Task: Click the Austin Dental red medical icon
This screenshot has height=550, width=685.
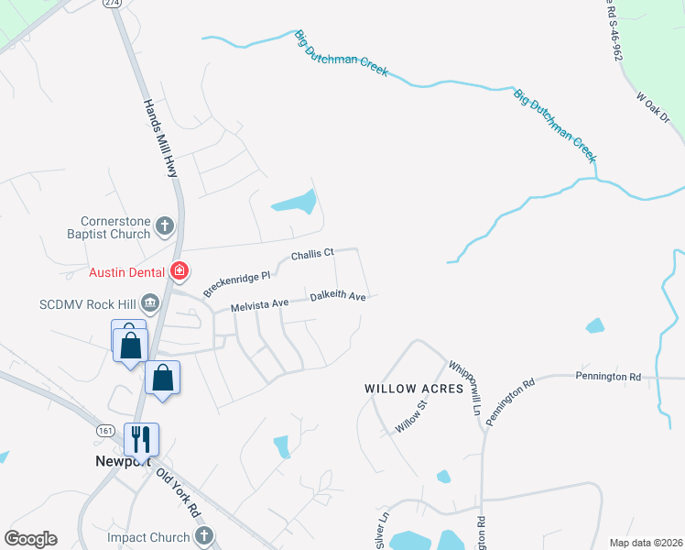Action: [x=179, y=271]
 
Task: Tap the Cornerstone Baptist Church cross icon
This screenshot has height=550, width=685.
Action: [x=165, y=225]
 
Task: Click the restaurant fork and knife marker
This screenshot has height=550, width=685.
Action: [x=141, y=439]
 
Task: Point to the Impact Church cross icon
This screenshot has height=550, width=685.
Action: [x=204, y=536]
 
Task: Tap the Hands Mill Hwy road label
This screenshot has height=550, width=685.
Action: [x=158, y=139]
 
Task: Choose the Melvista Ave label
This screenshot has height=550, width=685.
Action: [x=260, y=304]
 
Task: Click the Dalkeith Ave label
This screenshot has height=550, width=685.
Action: [x=338, y=297]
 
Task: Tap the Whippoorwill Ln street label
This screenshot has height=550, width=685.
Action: [x=464, y=387]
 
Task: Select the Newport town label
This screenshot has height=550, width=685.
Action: [x=122, y=461]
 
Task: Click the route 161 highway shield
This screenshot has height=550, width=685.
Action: [x=107, y=429]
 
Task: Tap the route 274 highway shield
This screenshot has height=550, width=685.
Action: [x=113, y=4]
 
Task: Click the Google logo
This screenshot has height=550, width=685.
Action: [x=30, y=539]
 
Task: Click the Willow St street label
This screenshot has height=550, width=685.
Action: [x=411, y=415]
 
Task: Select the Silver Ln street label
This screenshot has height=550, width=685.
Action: [x=382, y=527]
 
